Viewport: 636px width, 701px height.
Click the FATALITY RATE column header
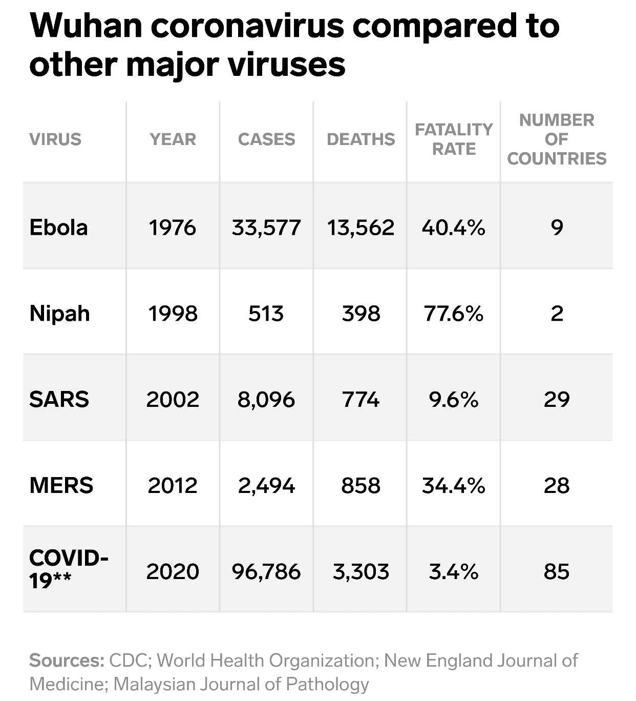pyautogui.click(x=454, y=139)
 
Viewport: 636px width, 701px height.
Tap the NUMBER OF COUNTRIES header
pyautogui.click(x=557, y=139)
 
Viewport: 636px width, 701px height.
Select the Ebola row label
pyautogui.click(x=58, y=227)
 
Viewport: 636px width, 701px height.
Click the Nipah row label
pyautogui.click(x=59, y=313)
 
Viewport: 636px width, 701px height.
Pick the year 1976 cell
pyautogui.click(x=173, y=227)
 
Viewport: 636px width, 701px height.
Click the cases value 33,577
pyautogui.click(x=266, y=227)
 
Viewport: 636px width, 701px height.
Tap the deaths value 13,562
pyautogui.click(x=361, y=227)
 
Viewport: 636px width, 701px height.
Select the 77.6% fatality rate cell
pyautogui.click(x=454, y=313)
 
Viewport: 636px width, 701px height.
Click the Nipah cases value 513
pyautogui.click(x=266, y=313)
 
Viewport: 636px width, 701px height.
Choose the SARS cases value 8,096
pyautogui.click(x=266, y=399)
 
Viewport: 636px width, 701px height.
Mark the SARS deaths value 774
pyautogui.click(x=361, y=399)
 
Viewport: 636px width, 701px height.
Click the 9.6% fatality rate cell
pyautogui.click(x=454, y=399)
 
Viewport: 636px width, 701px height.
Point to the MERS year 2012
pyautogui.click(x=173, y=485)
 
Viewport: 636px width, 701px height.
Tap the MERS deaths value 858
pyautogui.click(x=361, y=485)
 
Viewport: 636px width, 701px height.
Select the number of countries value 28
pyautogui.click(x=557, y=485)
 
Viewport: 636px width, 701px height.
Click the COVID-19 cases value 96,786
pyautogui.click(x=266, y=571)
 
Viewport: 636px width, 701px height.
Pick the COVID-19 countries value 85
pyautogui.click(x=557, y=571)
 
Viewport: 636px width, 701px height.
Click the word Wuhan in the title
pyautogui.click(x=85, y=26)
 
